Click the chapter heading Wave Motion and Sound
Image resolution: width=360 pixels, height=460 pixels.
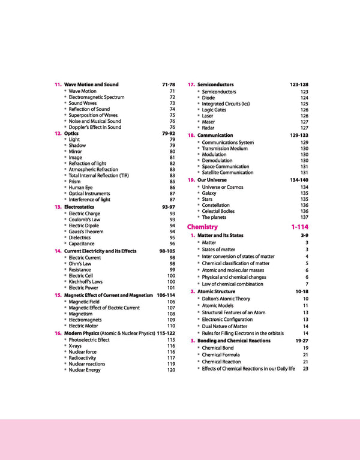[x=91, y=85]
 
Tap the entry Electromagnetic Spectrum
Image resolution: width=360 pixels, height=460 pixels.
[x=97, y=97]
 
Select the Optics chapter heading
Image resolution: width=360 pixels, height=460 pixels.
[x=72, y=133]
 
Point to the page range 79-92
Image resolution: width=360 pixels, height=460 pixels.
[x=168, y=133]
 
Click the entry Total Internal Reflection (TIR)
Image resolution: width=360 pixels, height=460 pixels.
[x=98, y=176]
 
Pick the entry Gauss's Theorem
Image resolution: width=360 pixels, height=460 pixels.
[x=86, y=231]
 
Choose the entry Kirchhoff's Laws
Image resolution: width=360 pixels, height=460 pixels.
[x=85, y=281]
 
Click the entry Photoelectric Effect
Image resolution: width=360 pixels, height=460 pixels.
[x=89, y=340]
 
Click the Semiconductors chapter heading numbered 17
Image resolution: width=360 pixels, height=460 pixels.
[x=215, y=85]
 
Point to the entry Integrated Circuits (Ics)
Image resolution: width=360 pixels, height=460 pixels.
[x=226, y=104]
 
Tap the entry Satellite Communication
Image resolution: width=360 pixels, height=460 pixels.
[x=227, y=173]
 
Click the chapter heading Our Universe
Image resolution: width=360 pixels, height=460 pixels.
[x=212, y=180]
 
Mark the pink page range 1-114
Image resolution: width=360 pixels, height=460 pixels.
[x=299, y=227]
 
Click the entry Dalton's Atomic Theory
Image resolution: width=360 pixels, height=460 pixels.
[x=226, y=299]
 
